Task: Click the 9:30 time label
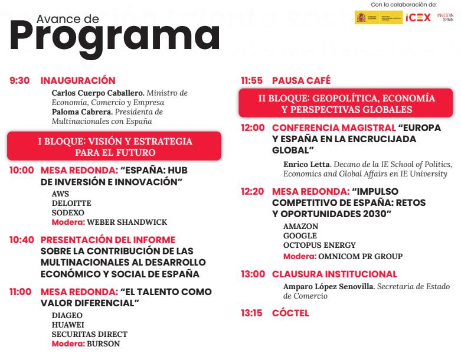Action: tap(19, 80)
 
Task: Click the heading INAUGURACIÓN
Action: tap(77, 80)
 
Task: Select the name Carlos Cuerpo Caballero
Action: tap(97, 93)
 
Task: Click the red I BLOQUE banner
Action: tap(115, 146)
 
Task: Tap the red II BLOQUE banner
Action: tap(346, 104)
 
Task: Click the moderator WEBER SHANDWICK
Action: tap(127, 222)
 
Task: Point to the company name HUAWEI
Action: tap(68, 325)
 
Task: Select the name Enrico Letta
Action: tap(306, 164)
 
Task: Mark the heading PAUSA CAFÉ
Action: tap(301, 80)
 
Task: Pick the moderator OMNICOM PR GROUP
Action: tap(360, 257)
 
